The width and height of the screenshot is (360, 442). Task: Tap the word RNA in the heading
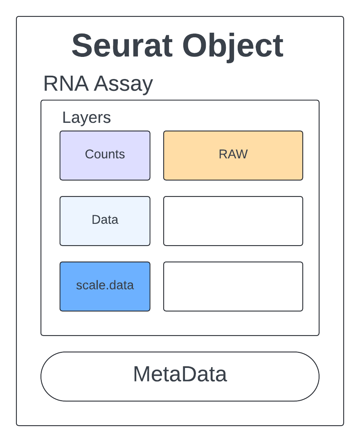65,84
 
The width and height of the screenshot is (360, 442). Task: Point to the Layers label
86,118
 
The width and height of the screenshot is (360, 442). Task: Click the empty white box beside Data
233,221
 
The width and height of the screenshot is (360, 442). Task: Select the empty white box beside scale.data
233,286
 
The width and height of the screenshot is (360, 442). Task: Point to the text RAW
233,154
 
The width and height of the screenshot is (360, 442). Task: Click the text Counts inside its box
105,154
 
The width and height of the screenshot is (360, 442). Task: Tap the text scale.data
105,285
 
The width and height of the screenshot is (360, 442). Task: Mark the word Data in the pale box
105,220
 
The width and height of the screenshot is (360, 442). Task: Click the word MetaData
180,374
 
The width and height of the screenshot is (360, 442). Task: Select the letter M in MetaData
141,374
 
